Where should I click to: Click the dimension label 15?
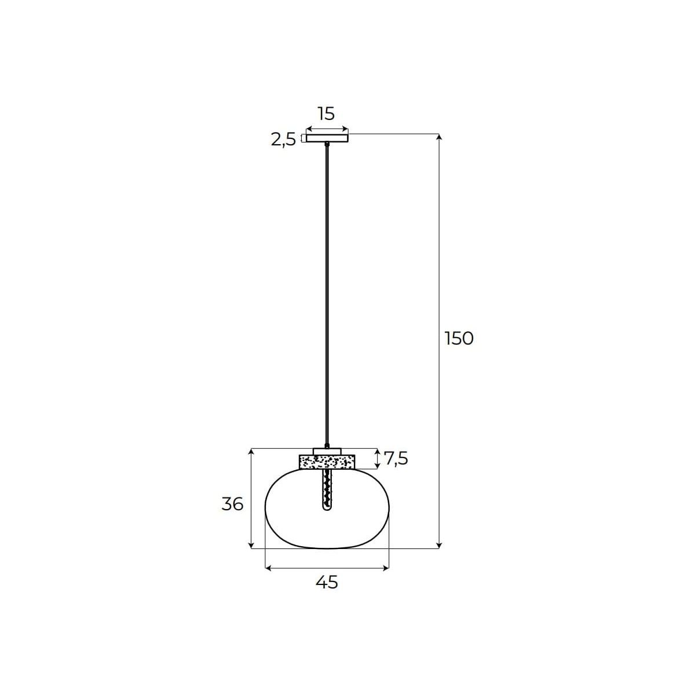327,114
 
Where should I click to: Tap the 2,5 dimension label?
283,140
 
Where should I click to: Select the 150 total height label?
459,339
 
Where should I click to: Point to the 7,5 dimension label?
396,459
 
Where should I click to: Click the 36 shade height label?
233,504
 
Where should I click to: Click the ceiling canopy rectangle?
327,138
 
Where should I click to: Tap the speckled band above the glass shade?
327,462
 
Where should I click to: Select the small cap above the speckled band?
327,452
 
